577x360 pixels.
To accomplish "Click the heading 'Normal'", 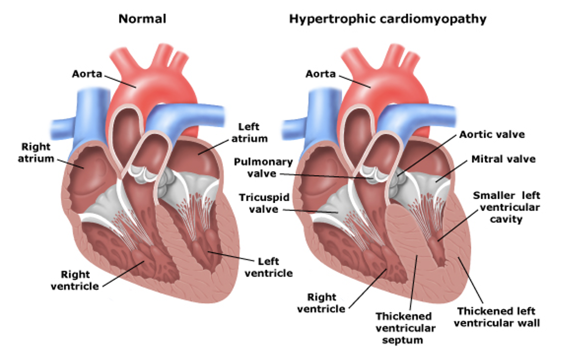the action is pyautogui.click(x=142, y=19).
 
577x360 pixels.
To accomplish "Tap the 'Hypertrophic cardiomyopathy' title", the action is pyautogui.click(x=387, y=19).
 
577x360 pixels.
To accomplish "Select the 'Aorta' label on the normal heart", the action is pyautogui.click(x=87, y=73).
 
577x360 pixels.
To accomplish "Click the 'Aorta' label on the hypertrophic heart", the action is pyautogui.click(x=320, y=74).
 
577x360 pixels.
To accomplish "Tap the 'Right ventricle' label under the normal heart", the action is pyautogui.click(x=75, y=279).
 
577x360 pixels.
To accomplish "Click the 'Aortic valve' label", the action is pyautogui.click(x=492, y=134).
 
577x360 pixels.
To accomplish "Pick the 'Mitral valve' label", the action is pyautogui.click(x=503, y=159).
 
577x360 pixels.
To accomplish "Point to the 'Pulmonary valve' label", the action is pyautogui.click(x=263, y=168).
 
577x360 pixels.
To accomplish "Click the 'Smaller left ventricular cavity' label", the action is pyautogui.click(x=506, y=207).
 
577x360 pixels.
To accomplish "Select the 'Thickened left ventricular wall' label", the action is pyautogui.click(x=496, y=317).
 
